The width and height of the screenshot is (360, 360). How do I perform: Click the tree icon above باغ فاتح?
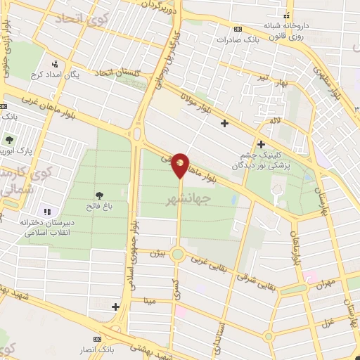click(x=98, y=195)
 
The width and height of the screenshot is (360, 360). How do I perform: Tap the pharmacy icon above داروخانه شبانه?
click(x=285, y=15)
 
